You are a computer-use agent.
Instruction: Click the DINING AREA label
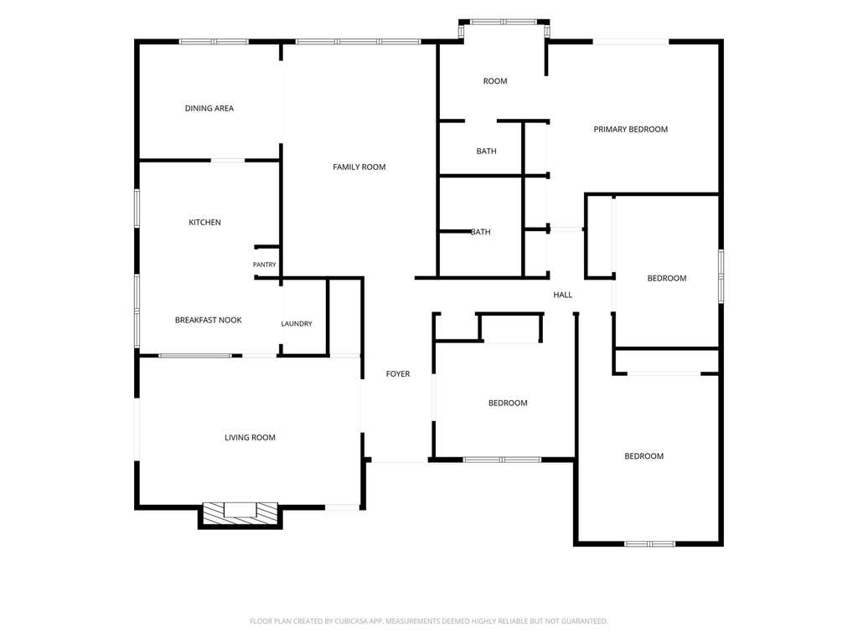point(209,108)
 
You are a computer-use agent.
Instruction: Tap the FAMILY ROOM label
point(359,167)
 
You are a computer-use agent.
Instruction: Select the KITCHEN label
point(204,222)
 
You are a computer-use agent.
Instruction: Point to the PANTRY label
point(264,265)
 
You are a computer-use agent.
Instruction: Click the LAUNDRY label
point(297,324)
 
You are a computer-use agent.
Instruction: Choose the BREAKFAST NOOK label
point(208,320)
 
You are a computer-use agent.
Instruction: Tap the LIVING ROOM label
point(250,437)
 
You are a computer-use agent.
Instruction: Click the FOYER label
point(398,374)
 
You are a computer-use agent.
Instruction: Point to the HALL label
point(562,295)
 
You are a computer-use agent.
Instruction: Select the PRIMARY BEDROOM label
point(630,129)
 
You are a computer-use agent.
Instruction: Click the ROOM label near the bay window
point(494,81)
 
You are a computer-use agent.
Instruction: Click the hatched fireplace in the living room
point(240,513)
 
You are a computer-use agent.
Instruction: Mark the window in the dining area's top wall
point(214,42)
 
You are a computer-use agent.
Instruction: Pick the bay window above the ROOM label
point(504,23)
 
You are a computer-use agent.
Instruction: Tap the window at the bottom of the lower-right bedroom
point(649,543)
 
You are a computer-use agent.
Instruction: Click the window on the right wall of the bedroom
point(721,276)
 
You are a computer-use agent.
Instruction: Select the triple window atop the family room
point(359,42)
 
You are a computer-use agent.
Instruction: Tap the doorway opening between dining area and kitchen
point(228,160)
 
